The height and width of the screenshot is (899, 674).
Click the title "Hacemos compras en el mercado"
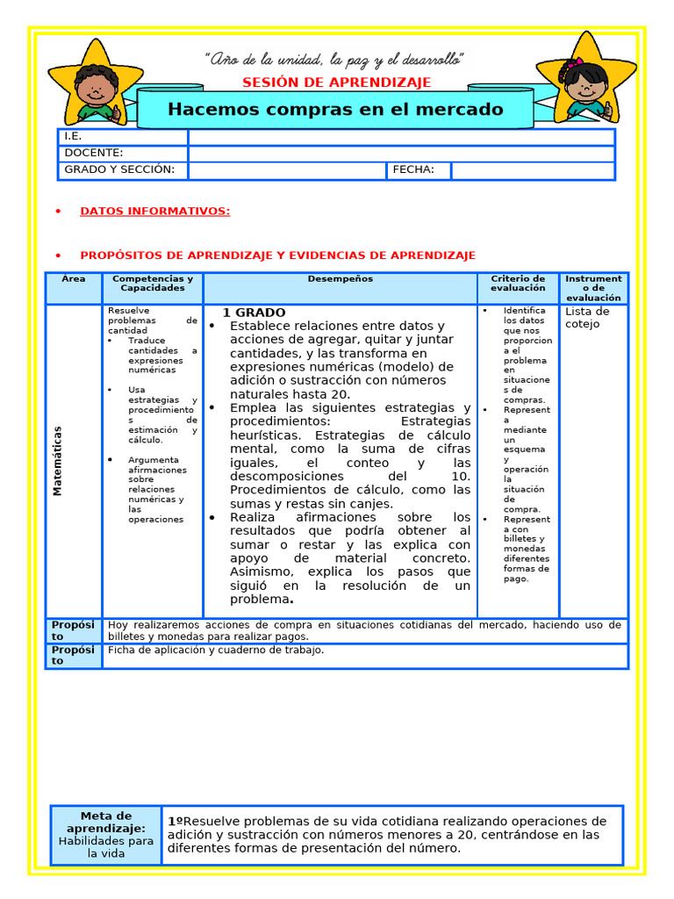pos(335,110)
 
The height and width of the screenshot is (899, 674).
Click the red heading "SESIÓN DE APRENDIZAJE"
pos(336,83)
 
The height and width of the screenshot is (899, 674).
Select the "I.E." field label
pos(73,137)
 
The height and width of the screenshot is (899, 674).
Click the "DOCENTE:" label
pos(94,153)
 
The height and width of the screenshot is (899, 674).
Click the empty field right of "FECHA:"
pos(532,170)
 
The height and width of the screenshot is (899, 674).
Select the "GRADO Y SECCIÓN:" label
pos(119,169)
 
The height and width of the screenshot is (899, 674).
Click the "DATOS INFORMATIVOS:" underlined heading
pos(154,211)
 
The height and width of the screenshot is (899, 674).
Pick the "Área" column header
pos(75,278)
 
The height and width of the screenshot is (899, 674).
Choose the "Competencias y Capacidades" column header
pos(153,283)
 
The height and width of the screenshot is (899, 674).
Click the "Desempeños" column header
pos(340,278)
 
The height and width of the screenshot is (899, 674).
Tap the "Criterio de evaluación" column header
pos(518,283)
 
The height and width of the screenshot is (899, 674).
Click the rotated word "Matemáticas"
pos(58,461)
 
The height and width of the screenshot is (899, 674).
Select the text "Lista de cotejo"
pos(586,318)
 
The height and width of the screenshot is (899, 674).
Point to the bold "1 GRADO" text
pos(254,313)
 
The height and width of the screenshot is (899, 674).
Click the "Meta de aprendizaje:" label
pos(106,823)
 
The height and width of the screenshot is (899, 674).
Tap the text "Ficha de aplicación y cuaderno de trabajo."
pos(216,651)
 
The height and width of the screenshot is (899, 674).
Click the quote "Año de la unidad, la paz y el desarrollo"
pos(334,60)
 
